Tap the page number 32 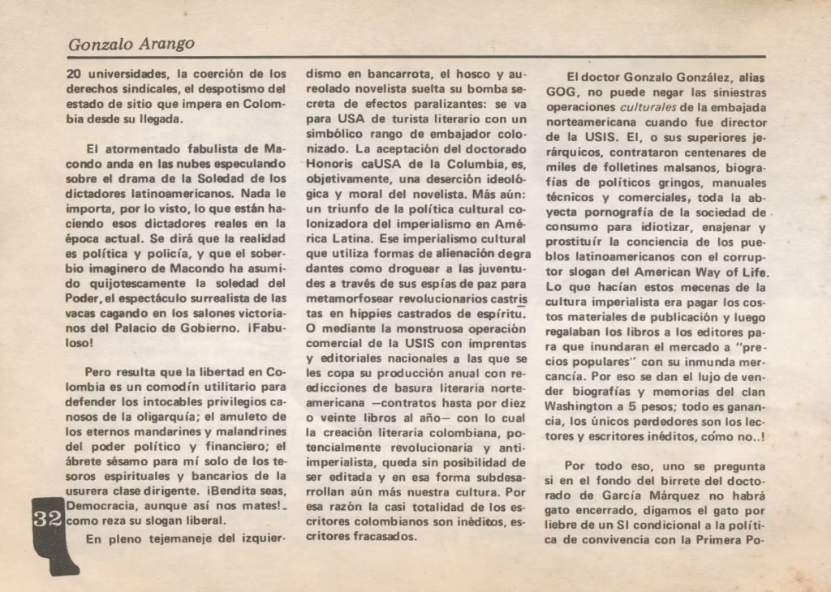47,519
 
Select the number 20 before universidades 74,74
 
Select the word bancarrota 392,74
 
